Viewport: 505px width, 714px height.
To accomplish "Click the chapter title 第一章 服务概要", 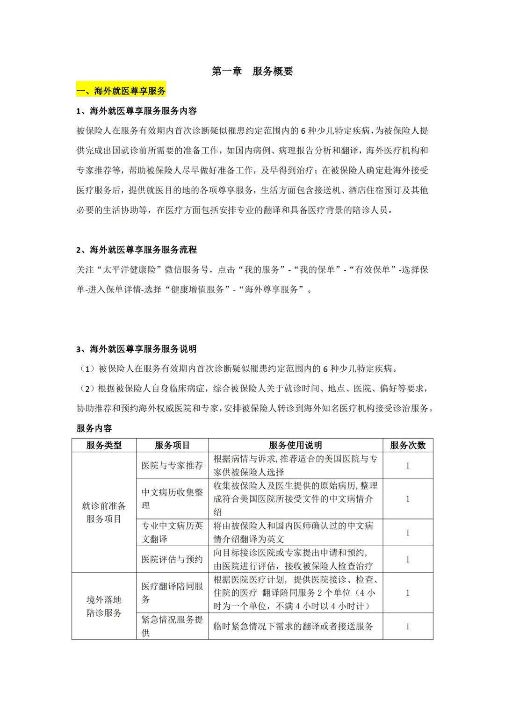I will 252,71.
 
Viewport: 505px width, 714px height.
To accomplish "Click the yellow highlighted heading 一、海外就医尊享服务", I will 121,91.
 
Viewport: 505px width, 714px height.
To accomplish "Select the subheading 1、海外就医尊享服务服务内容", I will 136,111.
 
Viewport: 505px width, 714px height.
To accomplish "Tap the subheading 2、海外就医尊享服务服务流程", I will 136,250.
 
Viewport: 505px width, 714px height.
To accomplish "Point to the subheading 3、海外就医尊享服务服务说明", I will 136,349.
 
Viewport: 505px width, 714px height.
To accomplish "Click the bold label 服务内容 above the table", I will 94,428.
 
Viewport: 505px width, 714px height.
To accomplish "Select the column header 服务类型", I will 104,445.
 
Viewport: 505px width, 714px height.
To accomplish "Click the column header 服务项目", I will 172,445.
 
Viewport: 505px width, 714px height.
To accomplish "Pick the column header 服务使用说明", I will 296,445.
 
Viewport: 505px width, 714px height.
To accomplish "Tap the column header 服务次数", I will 408,445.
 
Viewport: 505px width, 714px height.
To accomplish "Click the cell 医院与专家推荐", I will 172,466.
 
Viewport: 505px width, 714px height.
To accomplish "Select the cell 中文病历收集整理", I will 172,499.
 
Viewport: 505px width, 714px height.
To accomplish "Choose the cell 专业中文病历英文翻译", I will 172,532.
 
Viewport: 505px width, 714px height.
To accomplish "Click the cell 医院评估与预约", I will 172,559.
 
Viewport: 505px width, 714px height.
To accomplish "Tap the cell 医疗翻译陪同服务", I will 172,592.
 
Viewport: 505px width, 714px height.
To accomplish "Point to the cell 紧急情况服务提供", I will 172,626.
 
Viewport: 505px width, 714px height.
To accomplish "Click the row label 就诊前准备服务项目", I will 104,512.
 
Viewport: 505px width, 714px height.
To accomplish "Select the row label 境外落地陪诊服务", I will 104,606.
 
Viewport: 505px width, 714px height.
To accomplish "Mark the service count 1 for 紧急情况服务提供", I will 408,626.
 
